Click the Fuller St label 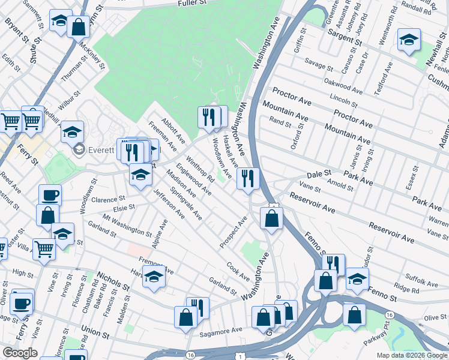pos(191,4)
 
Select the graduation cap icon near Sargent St pos(409,40)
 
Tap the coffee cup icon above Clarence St pos(50,195)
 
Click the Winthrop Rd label pos(200,170)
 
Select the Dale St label pos(319,173)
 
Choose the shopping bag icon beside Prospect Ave pos(272,218)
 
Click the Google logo pos(19,353)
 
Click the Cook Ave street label pos(238,271)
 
